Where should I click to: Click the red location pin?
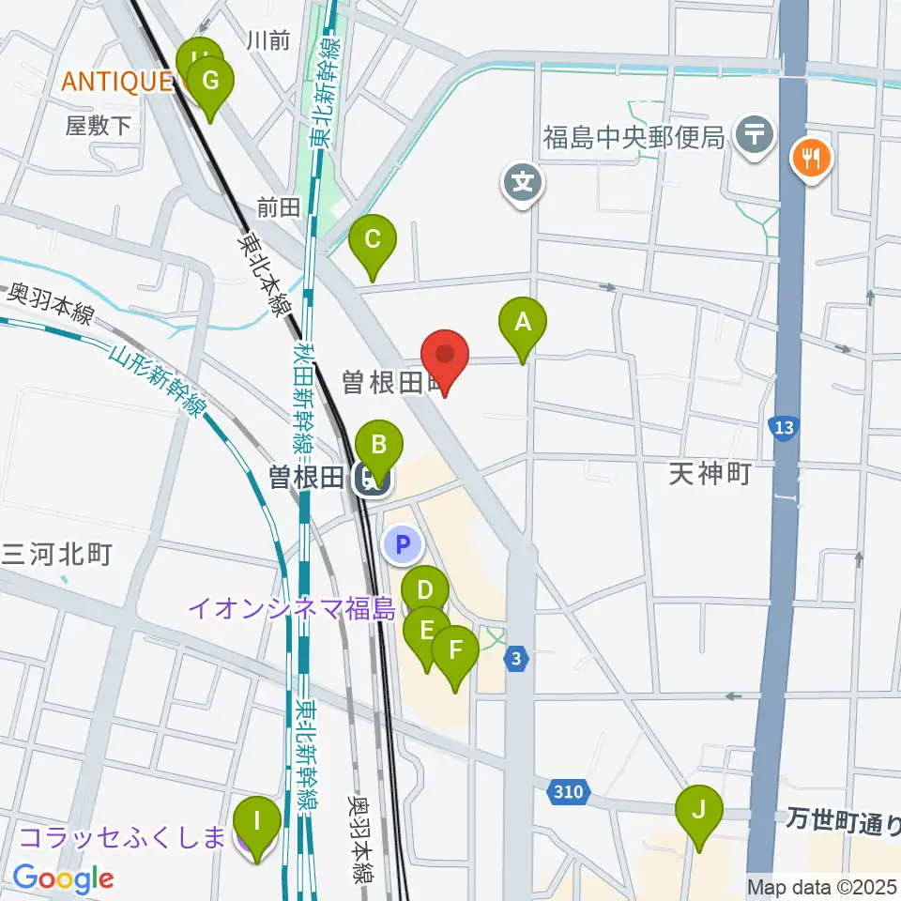click(445, 357)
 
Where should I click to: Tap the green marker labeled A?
click(523, 324)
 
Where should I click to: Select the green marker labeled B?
click(379, 445)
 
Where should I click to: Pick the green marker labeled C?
click(373, 240)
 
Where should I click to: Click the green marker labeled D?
click(424, 591)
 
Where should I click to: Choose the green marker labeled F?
click(456, 650)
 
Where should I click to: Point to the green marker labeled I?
click(256, 820)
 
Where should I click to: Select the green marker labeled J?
click(699, 810)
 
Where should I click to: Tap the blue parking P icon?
click(404, 543)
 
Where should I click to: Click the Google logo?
click(64, 879)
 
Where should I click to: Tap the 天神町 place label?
click(710, 474)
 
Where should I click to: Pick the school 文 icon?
click(523, 181)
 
